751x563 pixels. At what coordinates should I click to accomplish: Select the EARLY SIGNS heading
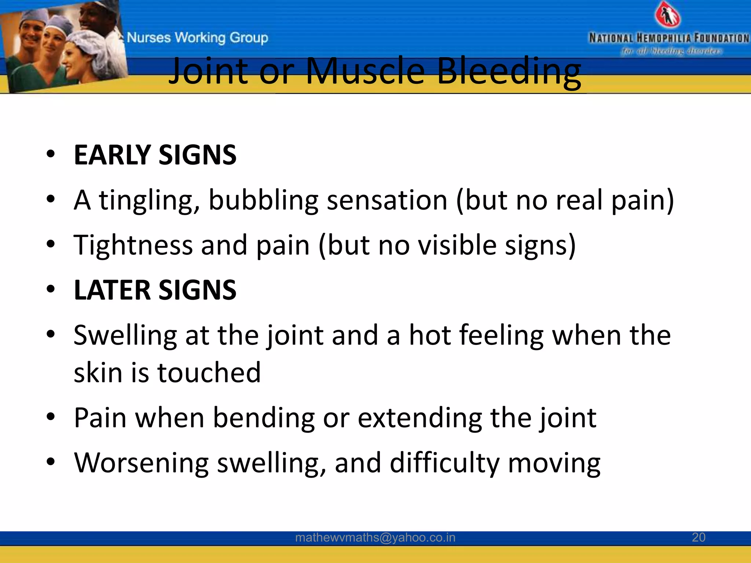(155, 155)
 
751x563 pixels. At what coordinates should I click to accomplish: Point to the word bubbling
(263, 200)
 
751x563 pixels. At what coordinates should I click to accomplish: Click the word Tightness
(133, 245)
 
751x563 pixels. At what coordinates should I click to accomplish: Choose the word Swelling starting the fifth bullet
(125, 336)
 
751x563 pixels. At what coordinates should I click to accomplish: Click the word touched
(209, 373)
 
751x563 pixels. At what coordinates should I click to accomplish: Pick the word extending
(420, 418)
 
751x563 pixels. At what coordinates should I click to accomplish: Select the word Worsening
(141, 463)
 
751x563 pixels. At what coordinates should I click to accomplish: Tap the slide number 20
(698, 537)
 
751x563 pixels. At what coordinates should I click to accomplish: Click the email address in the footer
(375, 538)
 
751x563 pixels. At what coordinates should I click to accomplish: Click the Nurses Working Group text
(197, 37)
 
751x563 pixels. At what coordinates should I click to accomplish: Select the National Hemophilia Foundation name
(668, 38)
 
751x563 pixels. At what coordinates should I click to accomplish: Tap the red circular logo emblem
(668, 15)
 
